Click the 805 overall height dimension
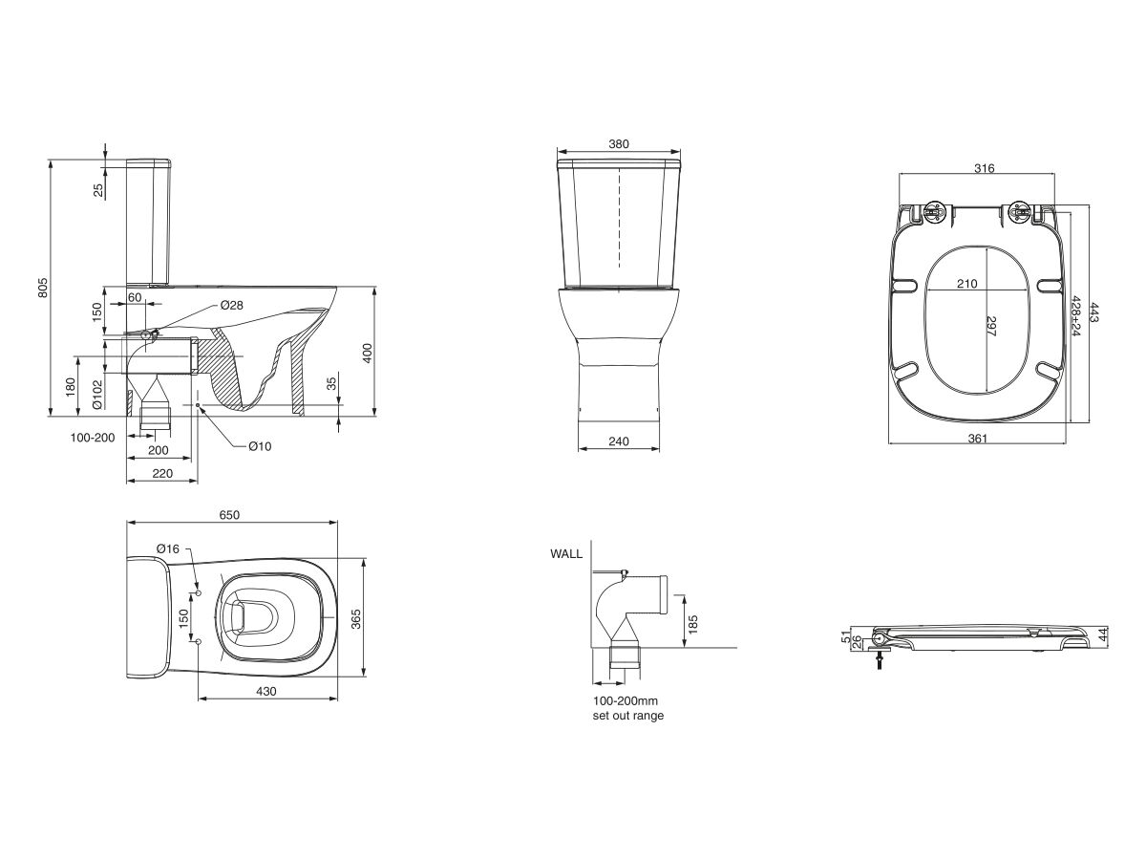(43, 288)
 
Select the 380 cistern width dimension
(618, 144)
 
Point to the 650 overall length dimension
(229, 514)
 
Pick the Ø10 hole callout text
(260, 446)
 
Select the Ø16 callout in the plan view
(167, 548)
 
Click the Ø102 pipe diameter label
(97, 394)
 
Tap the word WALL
(565, 553)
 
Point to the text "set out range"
(627, 716)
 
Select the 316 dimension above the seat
(984, 168)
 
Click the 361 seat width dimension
(977, 439)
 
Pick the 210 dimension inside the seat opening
(966, 283)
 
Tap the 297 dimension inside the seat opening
(990, 327)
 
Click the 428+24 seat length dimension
(1077, 316)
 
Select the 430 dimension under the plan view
(265, 692)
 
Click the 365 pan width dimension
(355, 618)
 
